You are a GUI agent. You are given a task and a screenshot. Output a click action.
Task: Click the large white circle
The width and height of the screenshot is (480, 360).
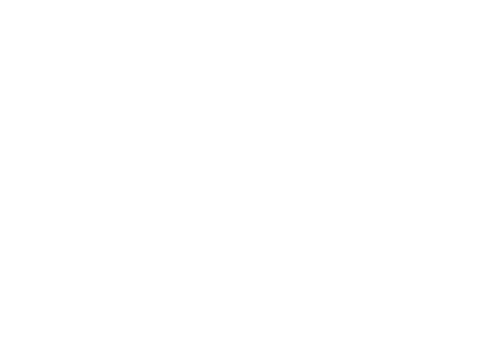click(x=358, y=266)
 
